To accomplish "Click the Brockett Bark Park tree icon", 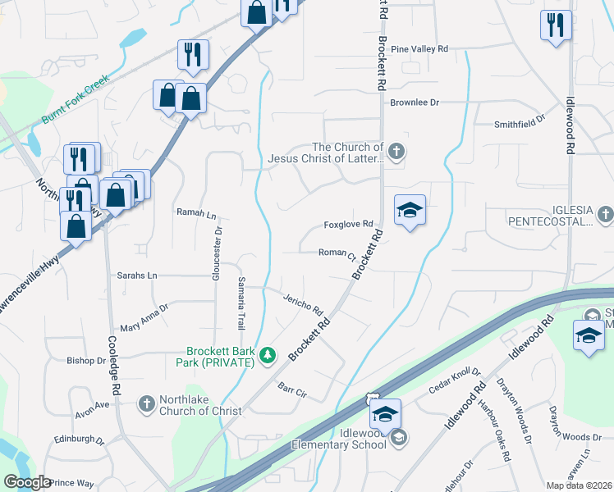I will (x=268, y=355).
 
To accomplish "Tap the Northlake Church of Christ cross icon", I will (x=146, y=403).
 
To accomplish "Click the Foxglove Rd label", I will (x=348, y=224).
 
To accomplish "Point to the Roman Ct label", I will (x=337, y=253).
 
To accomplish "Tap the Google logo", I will (x=27, y=482).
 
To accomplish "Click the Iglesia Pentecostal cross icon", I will (x=605, y=215).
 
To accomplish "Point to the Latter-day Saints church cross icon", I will (x=396, y=151).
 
